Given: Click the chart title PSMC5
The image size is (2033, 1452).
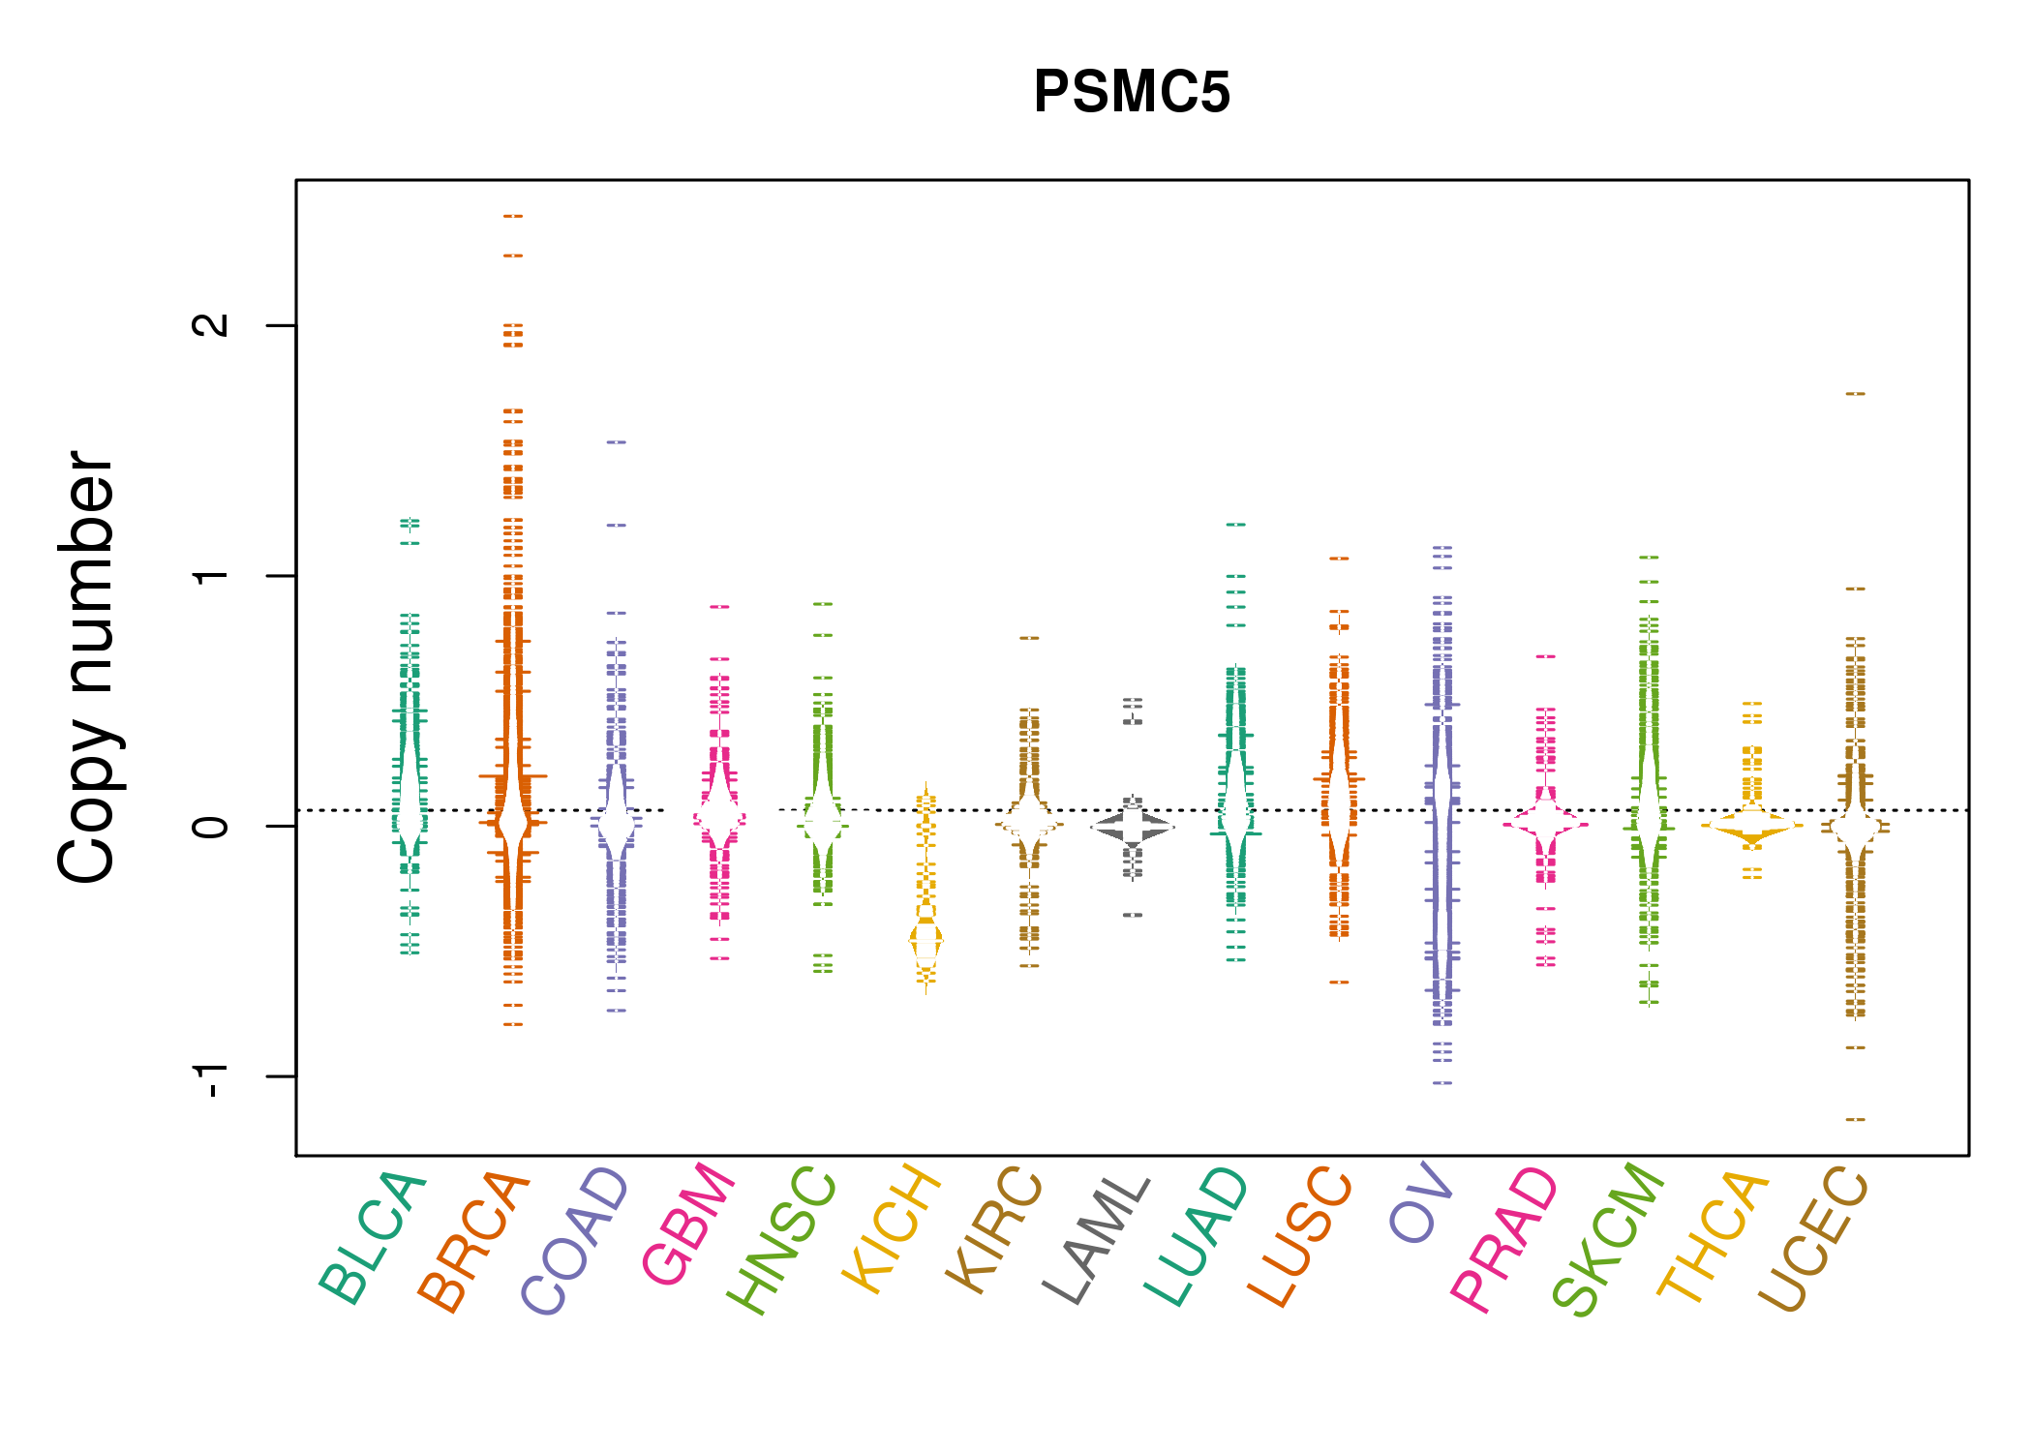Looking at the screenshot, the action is pyautogui.click(x=1132, y=92).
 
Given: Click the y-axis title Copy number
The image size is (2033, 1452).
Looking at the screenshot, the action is pyautogui.click(x=87, y=667).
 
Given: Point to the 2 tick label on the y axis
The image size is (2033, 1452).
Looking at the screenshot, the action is pyautogui.click(x=211, y=325).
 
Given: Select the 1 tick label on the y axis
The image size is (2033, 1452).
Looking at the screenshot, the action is pyautogui.click(x=211, y=576).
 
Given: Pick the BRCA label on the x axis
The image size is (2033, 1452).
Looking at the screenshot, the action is pyautogui.click(x=473, y=1241).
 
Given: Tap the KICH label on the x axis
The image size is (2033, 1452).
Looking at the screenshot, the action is pyautogui.click(x=892, y=1228).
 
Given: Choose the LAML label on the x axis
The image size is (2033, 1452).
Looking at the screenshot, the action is pyautogui.click(x=1097, y=1239).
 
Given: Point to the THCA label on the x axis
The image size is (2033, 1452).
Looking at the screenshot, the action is pyautogui.click(x=1713, y=1236).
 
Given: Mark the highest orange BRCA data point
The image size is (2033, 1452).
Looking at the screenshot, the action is pyautogui.click(x=513, y=216).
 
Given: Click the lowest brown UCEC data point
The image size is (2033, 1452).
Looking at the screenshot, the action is pyautogui.click(x=1855, y=1119).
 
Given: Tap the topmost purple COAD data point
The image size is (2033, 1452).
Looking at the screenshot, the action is pyautogui.click(x=617, y=441).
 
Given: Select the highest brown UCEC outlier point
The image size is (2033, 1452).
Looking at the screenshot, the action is pyautogui.click(x=1855, y=394).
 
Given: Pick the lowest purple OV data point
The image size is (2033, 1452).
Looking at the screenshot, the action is pyautogui.click(x=1442, y=1082).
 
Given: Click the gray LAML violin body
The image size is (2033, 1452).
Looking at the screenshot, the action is pyautogui.click(x=1133, y=827).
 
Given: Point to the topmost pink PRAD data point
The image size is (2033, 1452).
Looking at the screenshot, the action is pyautogui.click(x=1546, y=656).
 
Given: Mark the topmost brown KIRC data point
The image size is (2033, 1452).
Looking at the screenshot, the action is pyautogui.click(x=1029, y=638).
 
